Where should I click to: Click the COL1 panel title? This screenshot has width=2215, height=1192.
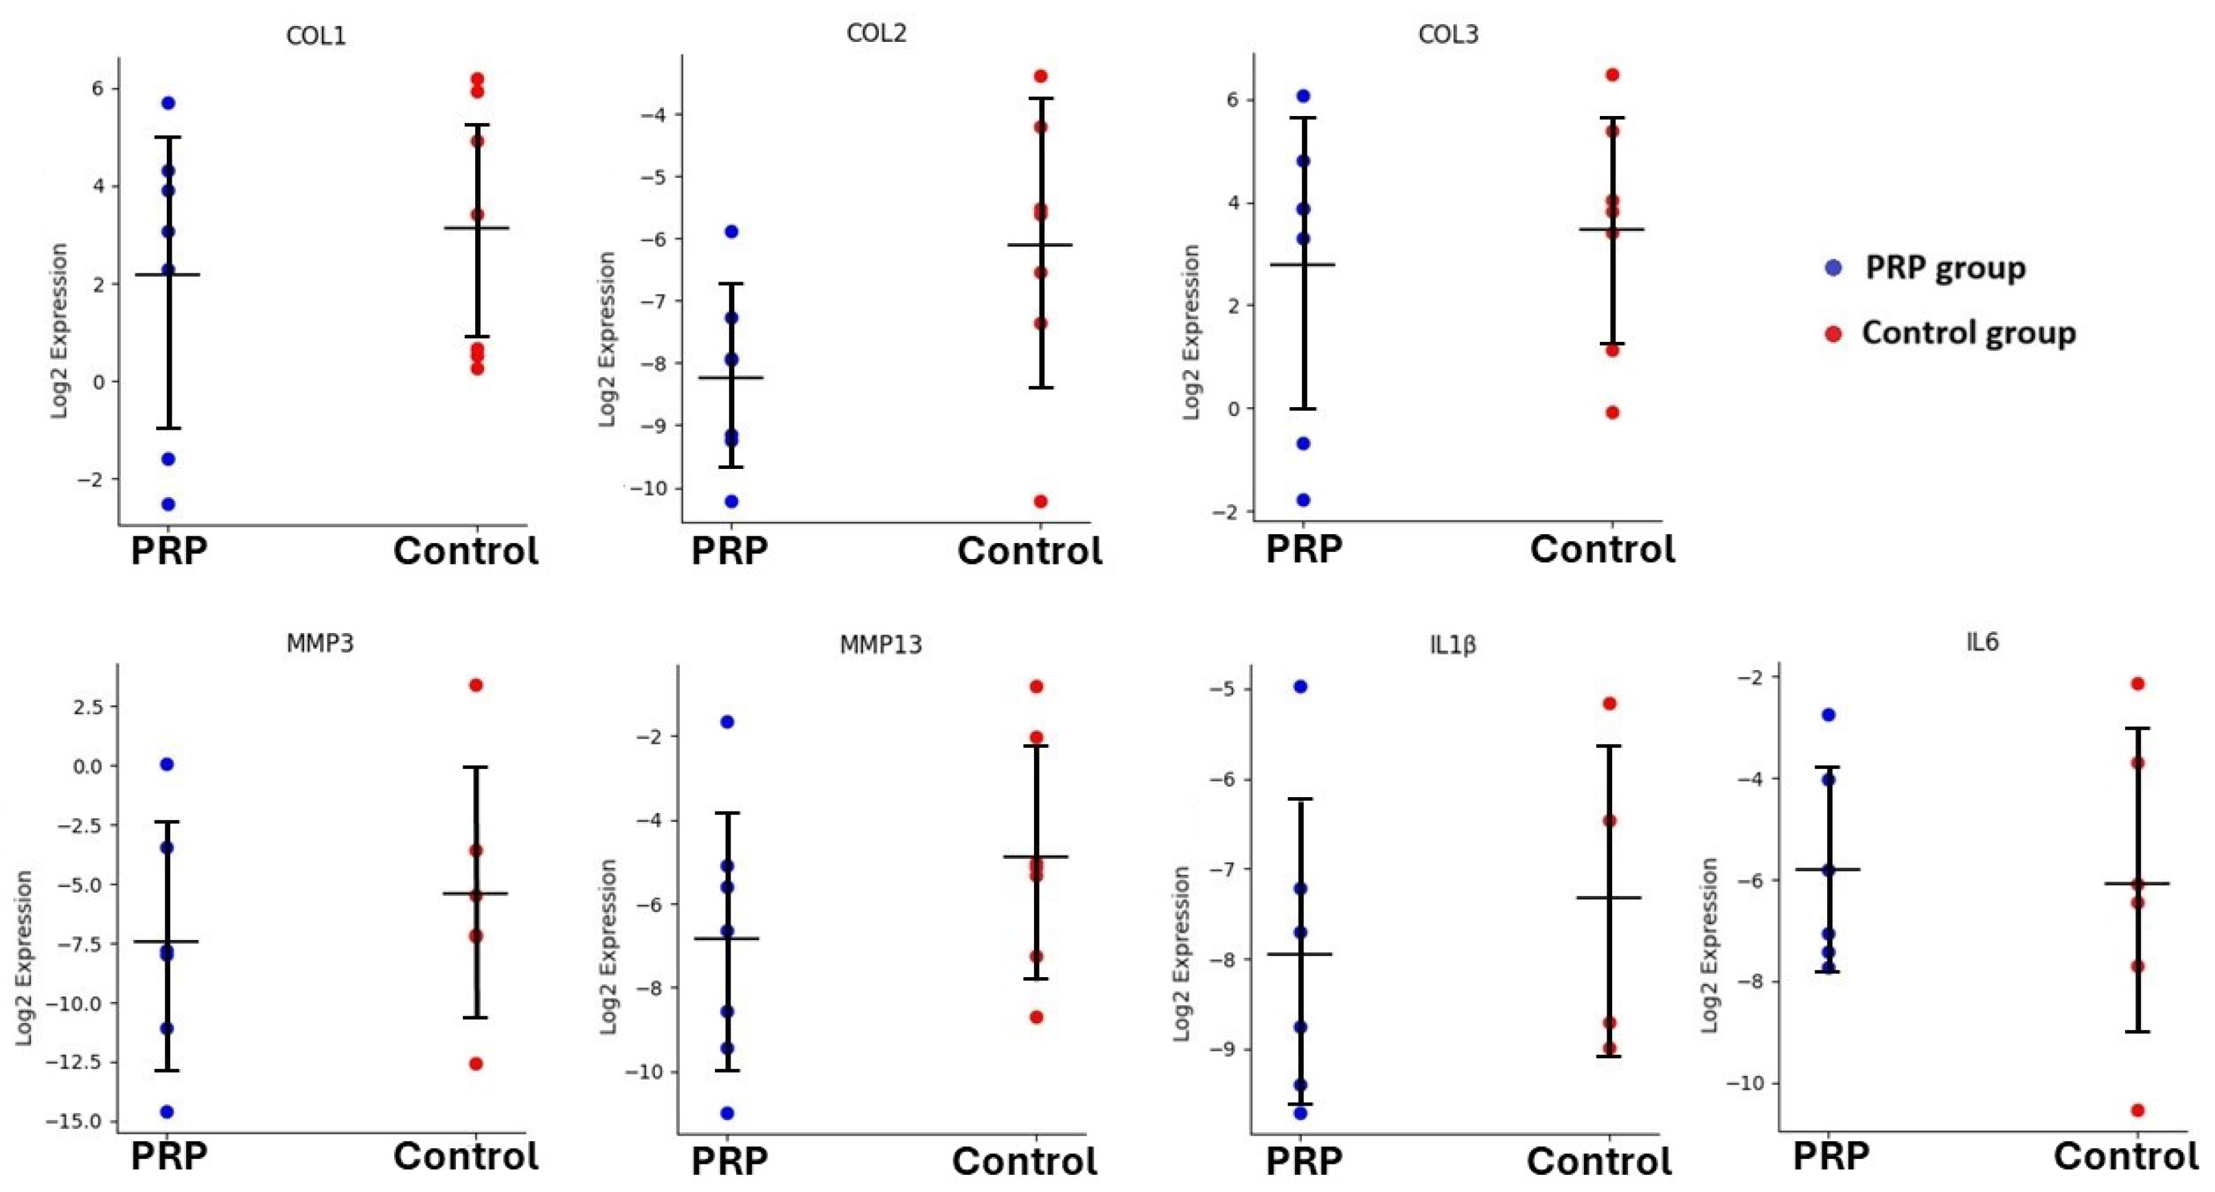(x=317, y=36)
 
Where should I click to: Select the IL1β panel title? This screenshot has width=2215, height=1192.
(x=1452, y=645)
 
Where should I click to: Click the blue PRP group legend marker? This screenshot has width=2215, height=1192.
(x=1833, y=268)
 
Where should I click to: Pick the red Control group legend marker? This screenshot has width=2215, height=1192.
(x=1833, y=334)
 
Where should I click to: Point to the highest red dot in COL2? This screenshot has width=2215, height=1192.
(x=1040, y=76)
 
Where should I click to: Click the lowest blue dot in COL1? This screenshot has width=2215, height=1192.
(x=168, y=504)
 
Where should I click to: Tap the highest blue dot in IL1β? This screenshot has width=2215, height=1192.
(x=1300, y=687)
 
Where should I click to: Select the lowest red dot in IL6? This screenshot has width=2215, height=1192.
(x=2137, y=1110)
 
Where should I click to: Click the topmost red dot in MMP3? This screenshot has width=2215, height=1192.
(x=476, y=685)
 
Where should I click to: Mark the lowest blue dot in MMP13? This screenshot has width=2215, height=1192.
(x=726, y=1113)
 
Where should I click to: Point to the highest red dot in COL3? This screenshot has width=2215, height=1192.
(x=1612, y=75)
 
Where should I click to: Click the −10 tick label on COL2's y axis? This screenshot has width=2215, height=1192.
(x=647, y=488)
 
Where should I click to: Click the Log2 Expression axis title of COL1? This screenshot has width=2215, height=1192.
(x=59, y=331)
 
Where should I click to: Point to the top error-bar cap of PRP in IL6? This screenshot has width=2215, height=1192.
(x=1829, y=766)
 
